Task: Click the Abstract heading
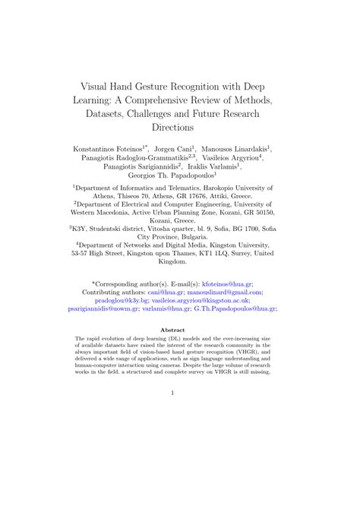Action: click(180, 330)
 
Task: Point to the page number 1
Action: click(180, 392)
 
